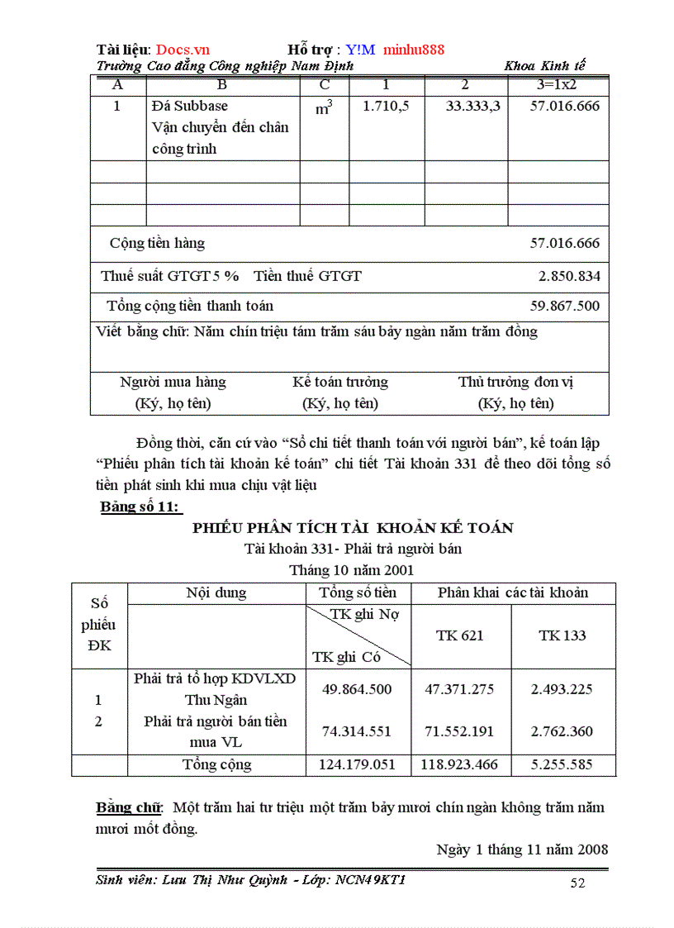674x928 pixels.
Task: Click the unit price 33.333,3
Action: coord(472,106)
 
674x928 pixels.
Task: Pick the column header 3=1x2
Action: coord(558,84)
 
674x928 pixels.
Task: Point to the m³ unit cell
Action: coord(323,107)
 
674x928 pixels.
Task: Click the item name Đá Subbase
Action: coord(190,106)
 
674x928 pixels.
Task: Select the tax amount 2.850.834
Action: coord(568,276)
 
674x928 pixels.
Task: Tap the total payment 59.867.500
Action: coord(565,306)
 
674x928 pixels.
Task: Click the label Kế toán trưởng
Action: coord(340,382)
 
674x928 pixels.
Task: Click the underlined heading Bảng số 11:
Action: coord(140,507)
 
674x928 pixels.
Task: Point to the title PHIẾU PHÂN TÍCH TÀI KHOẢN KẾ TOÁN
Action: coord(353,528)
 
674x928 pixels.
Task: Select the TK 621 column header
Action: coord(460,635)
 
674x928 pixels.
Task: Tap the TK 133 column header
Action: coord(562,635)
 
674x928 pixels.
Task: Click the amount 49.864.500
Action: coord(357,689)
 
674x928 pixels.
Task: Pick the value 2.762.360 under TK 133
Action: coord(562,731)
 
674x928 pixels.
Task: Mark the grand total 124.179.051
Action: coord(357,764)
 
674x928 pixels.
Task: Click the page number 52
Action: coord(577,883)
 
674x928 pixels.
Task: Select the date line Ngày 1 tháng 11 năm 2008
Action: coord(522,849)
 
